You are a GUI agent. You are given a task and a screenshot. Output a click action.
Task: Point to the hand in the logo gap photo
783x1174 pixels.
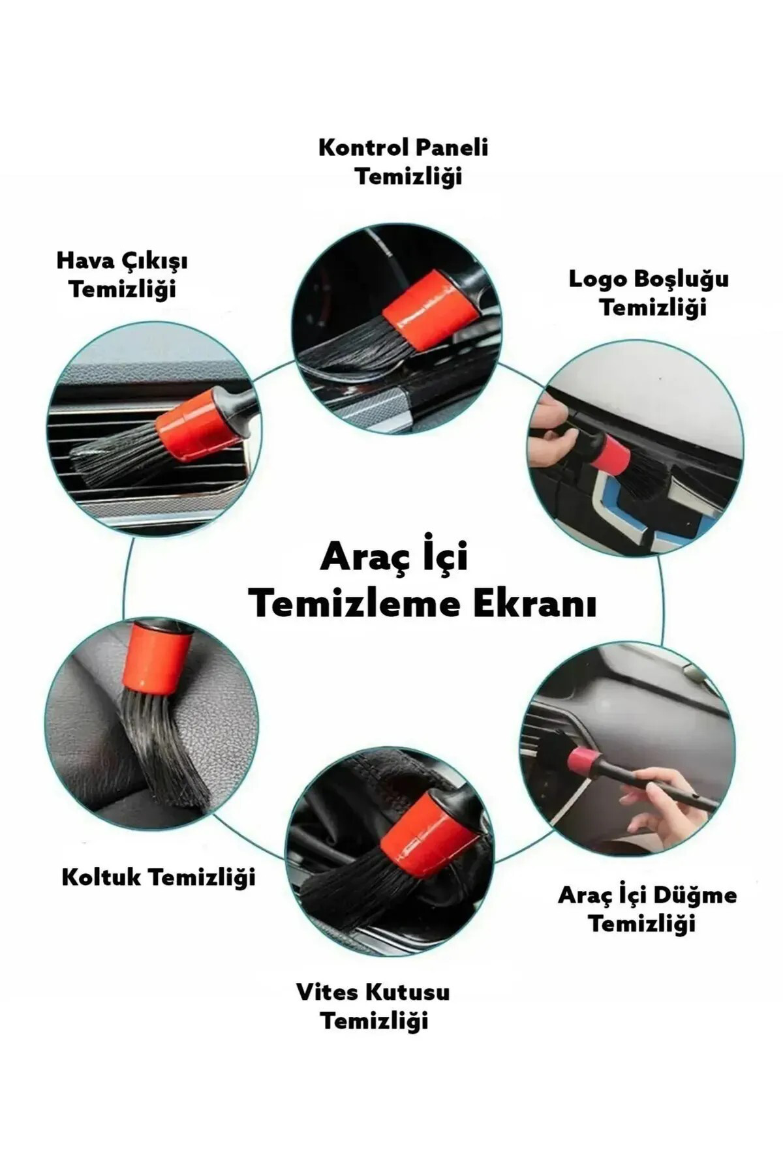[x=551, y=434]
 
